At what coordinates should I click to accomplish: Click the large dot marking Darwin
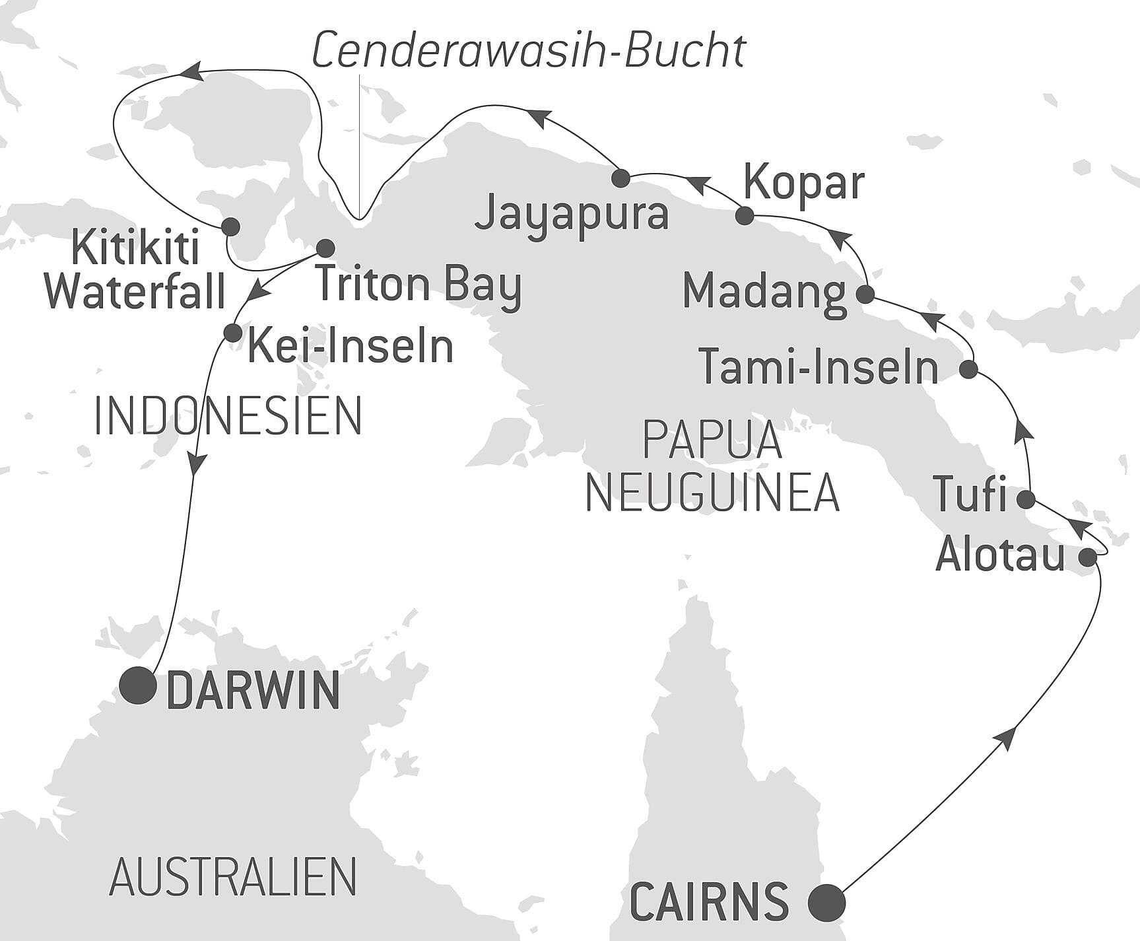click(x=139, y=685)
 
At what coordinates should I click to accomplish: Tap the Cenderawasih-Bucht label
click(x=528, y=51)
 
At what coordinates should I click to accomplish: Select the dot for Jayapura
click(x=620, y=178)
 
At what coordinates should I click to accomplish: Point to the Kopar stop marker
click(x=745, y=215)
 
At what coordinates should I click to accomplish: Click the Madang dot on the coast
click(x=865, y=294)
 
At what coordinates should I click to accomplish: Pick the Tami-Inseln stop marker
click(x=968, y=369)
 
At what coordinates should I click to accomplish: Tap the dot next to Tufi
click(x=1026, y=499)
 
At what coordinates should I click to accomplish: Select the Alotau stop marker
click(x=1088, y=557)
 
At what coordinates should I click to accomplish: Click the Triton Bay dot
click(x=325, y=248)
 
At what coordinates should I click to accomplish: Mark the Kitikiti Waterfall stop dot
click(x=230, y=227)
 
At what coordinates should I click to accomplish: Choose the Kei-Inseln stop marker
click(x=232, y=332)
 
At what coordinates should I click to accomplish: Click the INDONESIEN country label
click(x=228, y=416)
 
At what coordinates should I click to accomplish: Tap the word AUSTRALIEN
click(x=233, y=877)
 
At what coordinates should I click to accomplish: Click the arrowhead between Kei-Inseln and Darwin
click(x=196, y=464)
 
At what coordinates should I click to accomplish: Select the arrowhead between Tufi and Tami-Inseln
click(x=1023, y=431)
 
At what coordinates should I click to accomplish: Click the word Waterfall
click(x=135, y=291)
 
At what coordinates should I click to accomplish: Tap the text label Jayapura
click(x=572, y=215)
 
